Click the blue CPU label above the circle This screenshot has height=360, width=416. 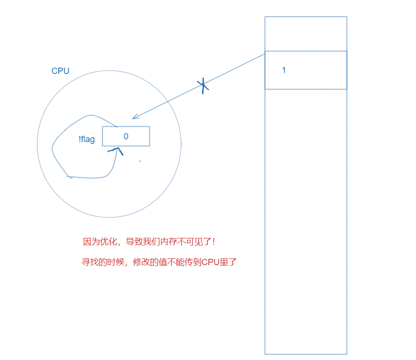[x=61, y=71]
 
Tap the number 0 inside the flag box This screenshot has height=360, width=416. [x=126, y=136]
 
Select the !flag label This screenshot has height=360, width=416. [x=87, y=140]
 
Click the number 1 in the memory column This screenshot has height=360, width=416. [x=284, y=70]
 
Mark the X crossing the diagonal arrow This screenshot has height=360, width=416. [x=203, y=86]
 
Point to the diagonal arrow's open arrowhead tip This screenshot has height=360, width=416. [x=133, y=118]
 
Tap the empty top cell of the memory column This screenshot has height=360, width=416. [x=305, y=33]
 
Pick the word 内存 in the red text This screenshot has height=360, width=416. [x=169, y=242]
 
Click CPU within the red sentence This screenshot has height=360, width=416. [x=210, y=262]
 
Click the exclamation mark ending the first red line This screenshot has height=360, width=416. [x=214, y=242]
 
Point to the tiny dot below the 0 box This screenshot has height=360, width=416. [x=140, y=161]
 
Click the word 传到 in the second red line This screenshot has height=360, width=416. [x=193, y=262]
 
